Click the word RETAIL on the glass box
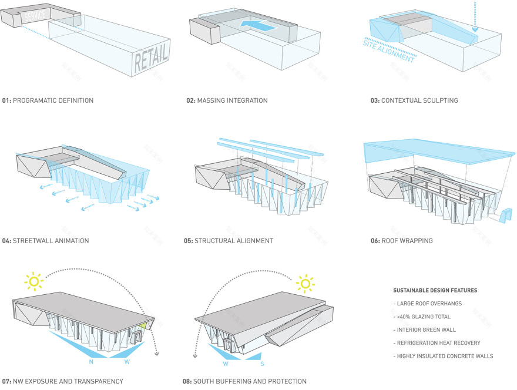(x=151, y=59)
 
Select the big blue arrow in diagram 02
(x=257, y=25)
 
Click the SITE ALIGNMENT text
(x=388, y=50)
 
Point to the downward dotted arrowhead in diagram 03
(x=475, y=29)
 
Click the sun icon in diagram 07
(x=33, y=282)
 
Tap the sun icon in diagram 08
(x=304, y=285)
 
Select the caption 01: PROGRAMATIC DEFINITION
(x=48, y=100)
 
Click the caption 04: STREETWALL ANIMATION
(x=46, y=241)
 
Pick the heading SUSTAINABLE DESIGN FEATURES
(x=435, y=290)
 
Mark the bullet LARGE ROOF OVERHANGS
(x=428, y=304)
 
